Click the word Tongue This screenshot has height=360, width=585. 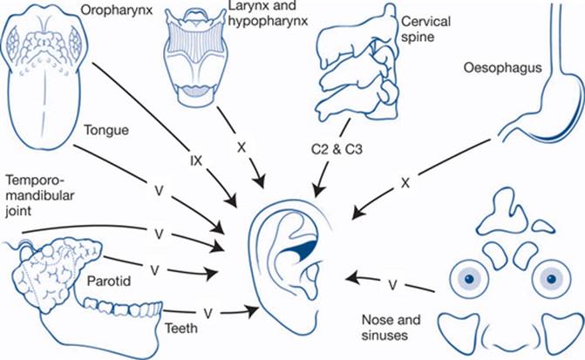[107, 131]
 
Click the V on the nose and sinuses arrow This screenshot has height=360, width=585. [393, 283]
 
